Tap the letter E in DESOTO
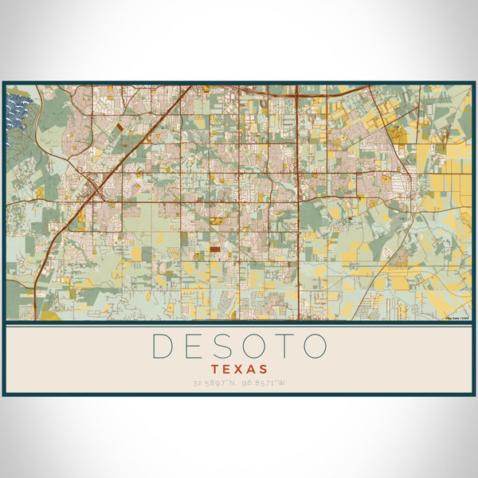pos(193,346)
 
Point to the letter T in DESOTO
pos(283,346)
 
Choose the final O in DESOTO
pos(314,346)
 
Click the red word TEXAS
pos(239,370)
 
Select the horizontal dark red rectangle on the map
pos(216,249)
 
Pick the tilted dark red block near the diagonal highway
pos(119,126)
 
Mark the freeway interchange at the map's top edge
pos(296,92)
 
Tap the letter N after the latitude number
pos(233,384)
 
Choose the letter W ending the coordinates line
pos(284,384)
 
